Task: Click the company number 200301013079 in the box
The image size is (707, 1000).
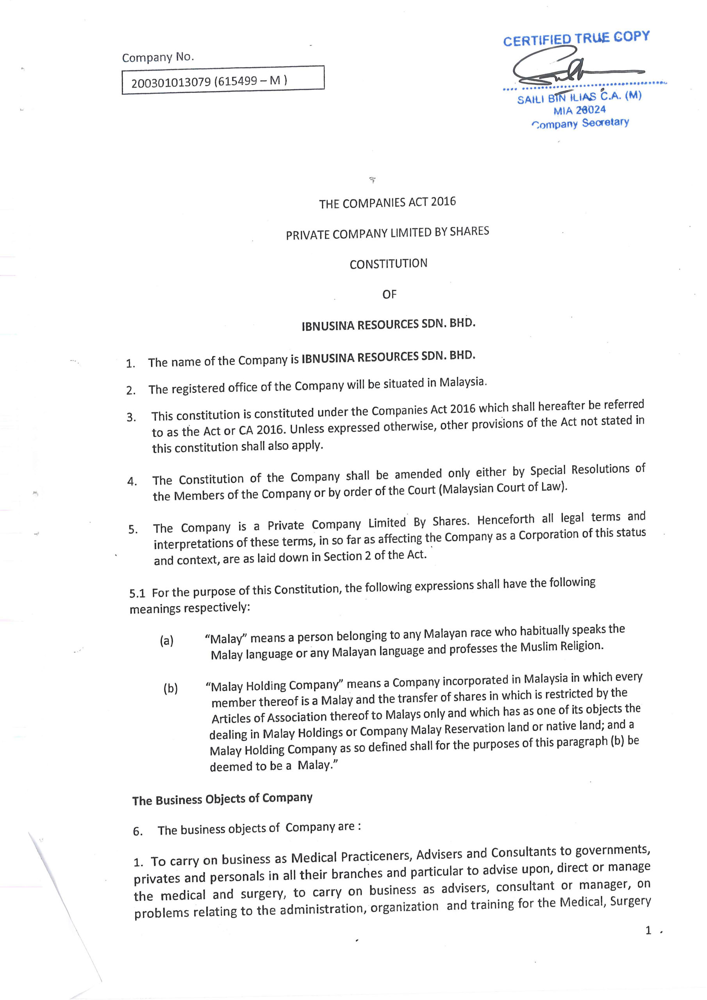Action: point(171,82)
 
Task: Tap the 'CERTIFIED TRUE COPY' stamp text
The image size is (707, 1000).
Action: point(576,38)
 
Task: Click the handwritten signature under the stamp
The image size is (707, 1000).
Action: point(566,71)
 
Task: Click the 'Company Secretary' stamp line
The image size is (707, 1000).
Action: point(580,123)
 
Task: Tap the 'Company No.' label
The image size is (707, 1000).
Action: point(158,57)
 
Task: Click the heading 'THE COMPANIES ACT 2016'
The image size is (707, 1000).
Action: point(387,202)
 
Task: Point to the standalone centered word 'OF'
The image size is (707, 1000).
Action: point(389,295)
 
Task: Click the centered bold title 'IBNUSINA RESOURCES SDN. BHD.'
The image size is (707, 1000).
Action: point(388,325)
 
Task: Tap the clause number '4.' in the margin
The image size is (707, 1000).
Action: point(132,481)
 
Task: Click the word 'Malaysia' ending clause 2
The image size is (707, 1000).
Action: point(462,382)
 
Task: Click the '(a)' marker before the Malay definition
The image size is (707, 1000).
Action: point(166,641)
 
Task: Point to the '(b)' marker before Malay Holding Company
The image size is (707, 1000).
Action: point(170,689)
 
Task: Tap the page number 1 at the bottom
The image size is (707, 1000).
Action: point(648,931)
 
